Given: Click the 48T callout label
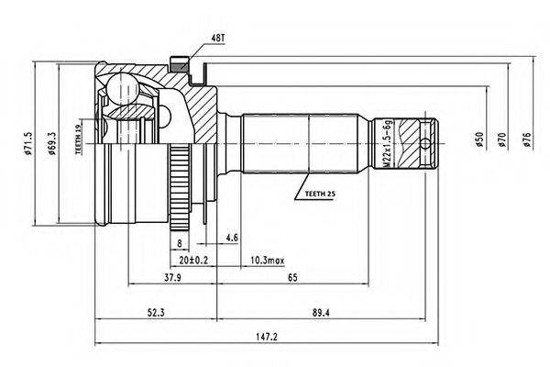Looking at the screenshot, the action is (218, 39).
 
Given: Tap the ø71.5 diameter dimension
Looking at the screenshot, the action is (28, 144).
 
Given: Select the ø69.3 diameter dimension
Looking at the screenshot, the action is (52, 144).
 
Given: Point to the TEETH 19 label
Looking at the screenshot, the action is (79, 137).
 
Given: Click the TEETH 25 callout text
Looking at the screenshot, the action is (320, 194).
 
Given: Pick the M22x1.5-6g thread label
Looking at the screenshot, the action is (387, 144).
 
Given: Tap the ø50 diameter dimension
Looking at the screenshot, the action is (479, 139).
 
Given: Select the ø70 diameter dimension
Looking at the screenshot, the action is (501, 139).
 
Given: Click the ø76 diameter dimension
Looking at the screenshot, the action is (526, 139).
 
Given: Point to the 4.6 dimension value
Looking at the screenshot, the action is (232, 238).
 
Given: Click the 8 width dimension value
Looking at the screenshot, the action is (180, 242).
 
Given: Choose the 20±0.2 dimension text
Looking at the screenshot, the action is (193, 261).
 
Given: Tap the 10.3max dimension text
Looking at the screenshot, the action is (268, 261).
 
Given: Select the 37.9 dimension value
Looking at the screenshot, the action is (173, 277).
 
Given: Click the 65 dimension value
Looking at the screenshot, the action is (292, 277).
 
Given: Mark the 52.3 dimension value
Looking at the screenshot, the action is (156, 312).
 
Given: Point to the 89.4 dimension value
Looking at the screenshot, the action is (321, 312).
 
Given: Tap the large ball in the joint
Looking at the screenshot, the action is (123, 88).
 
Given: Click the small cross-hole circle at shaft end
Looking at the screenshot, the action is (424, 144).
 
